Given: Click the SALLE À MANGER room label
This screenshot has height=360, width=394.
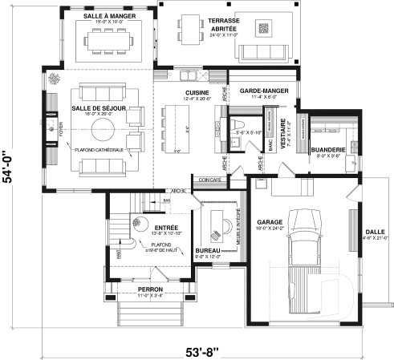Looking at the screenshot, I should (x=109, y=15).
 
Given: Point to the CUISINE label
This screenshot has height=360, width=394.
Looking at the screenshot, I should (x=197, y=92).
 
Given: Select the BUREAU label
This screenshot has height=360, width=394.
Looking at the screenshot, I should (x=209, y=251).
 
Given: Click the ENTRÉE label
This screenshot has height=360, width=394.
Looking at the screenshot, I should (x=165, y=228).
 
